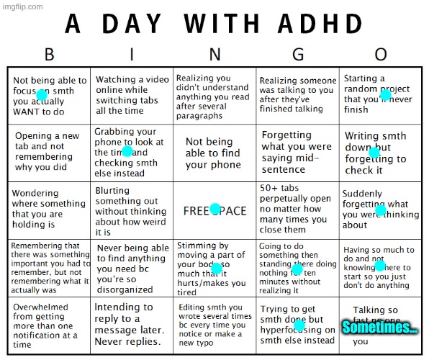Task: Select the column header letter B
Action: pos(50,55)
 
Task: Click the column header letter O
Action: pos(381,55)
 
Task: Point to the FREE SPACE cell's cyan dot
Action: pos(214,209)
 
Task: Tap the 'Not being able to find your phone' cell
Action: pos(214,153)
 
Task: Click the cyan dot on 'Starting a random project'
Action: pos(385,95)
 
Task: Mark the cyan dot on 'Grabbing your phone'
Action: pos(127,151)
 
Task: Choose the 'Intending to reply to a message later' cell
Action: pos(131,324)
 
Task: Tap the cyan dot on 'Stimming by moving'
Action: pos(216,269)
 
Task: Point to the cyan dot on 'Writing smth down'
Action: pos(374,152)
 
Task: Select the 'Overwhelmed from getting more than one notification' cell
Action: pos(49,324)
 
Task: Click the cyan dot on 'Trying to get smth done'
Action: pos(299,325)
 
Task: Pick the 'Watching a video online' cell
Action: pos(131,95)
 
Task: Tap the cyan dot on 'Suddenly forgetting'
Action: pos(380,210)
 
